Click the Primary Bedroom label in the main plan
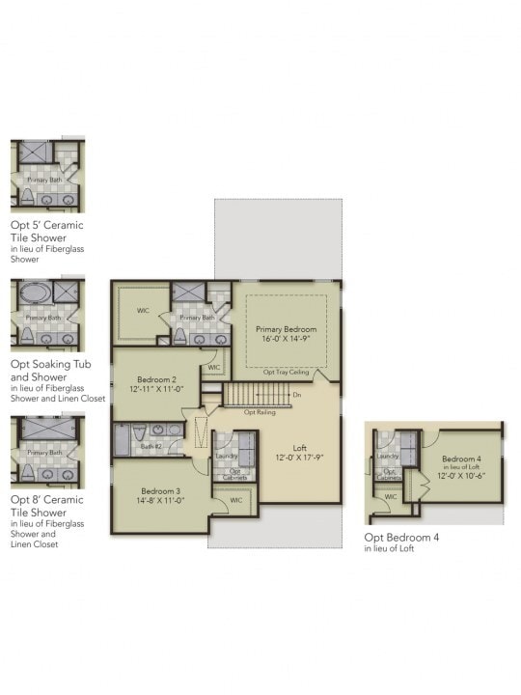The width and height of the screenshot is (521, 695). (x=286, y=329)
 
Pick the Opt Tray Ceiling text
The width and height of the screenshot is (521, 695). (x=286, y=371)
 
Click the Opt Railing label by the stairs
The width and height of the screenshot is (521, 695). (x=259, y=412)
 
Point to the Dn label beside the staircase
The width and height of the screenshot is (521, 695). (x=298, y=395)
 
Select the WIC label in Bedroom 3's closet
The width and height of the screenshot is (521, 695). (x=235, y=500)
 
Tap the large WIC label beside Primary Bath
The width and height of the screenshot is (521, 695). (x=143, y=311)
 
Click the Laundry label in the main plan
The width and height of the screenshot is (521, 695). (x=228, y=456)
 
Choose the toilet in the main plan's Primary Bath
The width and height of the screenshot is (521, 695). (x=179, y=336)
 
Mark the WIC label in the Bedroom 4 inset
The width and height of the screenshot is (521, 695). (x=391, y=496)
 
